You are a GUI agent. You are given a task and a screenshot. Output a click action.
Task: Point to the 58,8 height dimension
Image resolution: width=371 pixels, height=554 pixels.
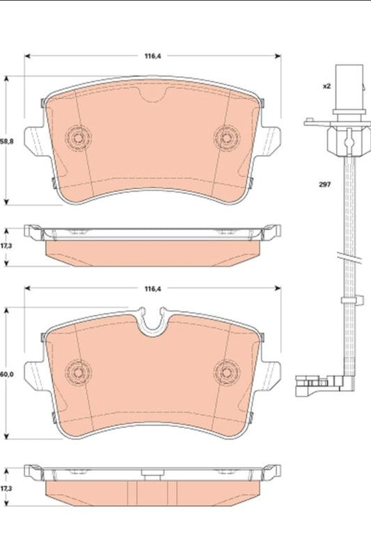click(6, 141)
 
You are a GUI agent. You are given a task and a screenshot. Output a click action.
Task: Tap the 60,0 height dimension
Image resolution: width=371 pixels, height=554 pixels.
click(6, 375)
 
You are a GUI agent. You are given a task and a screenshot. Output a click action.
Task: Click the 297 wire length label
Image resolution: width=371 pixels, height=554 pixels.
click(325, 184)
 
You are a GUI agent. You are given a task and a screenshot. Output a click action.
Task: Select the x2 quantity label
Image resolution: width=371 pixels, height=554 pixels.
click(325, 86)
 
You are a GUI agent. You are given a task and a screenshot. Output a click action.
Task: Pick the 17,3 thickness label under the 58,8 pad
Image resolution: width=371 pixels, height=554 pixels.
click(6, 246)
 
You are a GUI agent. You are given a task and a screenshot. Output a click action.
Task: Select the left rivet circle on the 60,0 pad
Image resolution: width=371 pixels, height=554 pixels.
click(77, 371)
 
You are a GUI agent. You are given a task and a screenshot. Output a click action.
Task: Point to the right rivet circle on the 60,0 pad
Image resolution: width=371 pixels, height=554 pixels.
click(226, 371)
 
